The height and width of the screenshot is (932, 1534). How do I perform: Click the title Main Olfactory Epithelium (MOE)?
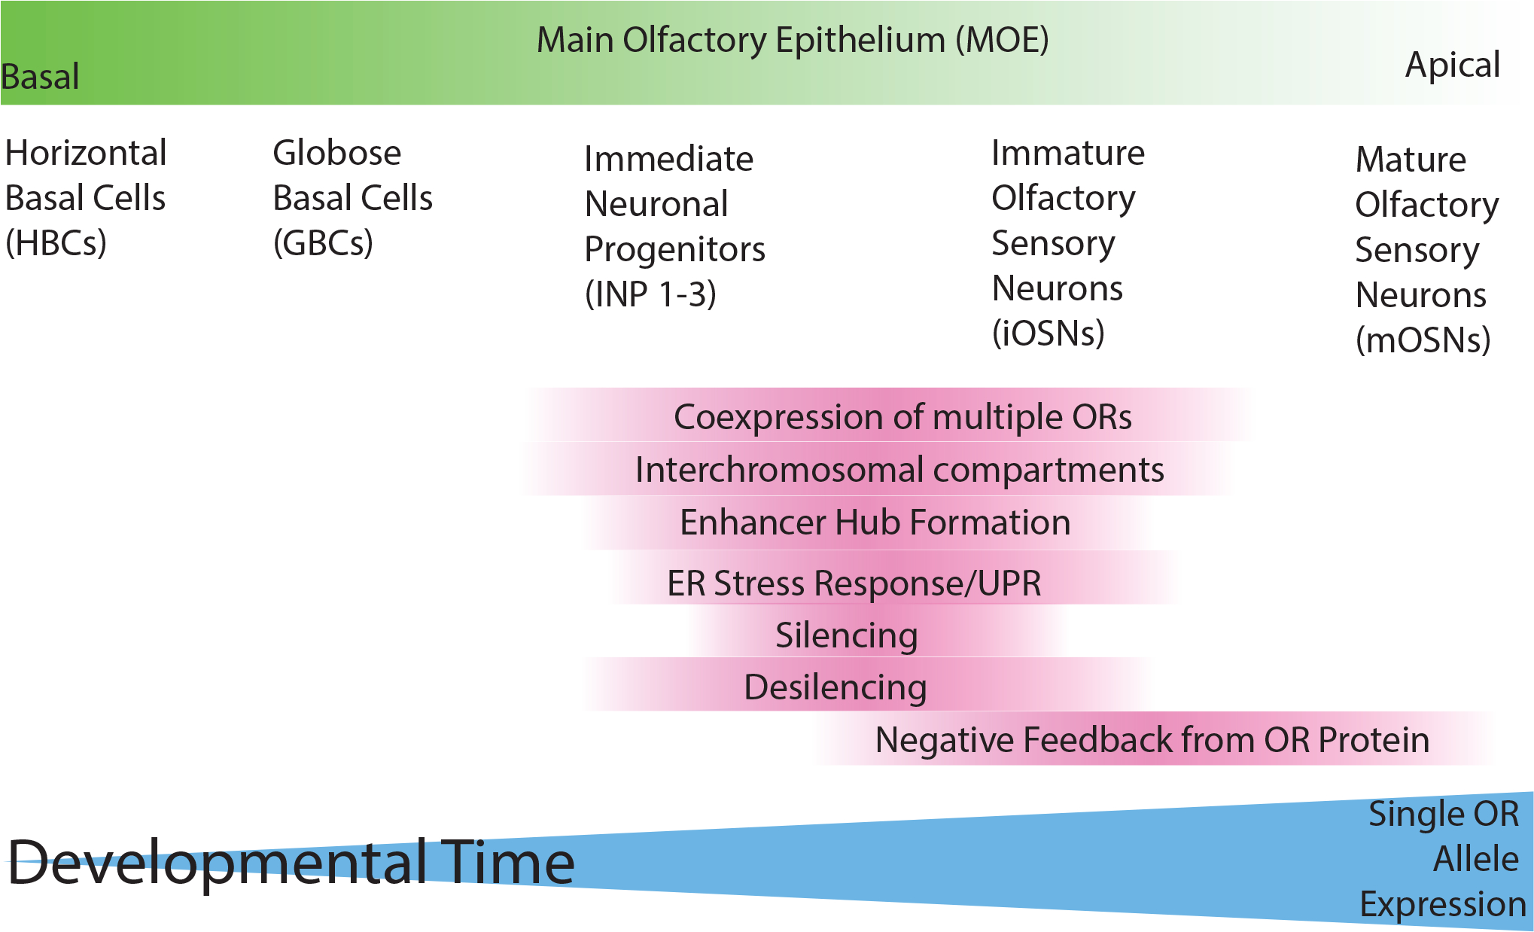pos(793,41)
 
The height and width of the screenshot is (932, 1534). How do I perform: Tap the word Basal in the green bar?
pos(40,77)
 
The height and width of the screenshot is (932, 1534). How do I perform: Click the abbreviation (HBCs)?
pos(56,243)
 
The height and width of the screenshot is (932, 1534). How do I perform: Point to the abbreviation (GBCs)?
pos(324,243)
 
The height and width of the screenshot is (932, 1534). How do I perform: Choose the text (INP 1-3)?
pos(651,294)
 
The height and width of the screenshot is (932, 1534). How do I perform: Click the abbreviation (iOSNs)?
pos(1049,334)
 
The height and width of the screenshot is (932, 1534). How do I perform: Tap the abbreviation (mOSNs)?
pos(1423,340)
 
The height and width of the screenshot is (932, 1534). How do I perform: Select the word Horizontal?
pos(86,154)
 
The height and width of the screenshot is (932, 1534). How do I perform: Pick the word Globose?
pos(337,154)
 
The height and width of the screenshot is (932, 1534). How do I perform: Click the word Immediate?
pos(669,160)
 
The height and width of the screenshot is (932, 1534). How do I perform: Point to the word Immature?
pos(1068,154)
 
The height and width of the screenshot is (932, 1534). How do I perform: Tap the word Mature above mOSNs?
pos(1411,160)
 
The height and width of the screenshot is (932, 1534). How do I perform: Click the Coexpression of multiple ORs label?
pos(903,418)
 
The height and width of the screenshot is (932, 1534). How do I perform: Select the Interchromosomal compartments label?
pos(900,471)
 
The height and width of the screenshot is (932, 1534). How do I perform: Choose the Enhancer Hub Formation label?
pos(875,522)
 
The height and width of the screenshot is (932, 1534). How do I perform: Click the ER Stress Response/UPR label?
pos(855,583)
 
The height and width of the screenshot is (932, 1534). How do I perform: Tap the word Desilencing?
pos(835,688)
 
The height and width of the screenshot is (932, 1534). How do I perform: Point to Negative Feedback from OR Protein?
pos(1152,740)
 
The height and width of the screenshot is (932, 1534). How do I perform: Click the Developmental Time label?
pos(291,863)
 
